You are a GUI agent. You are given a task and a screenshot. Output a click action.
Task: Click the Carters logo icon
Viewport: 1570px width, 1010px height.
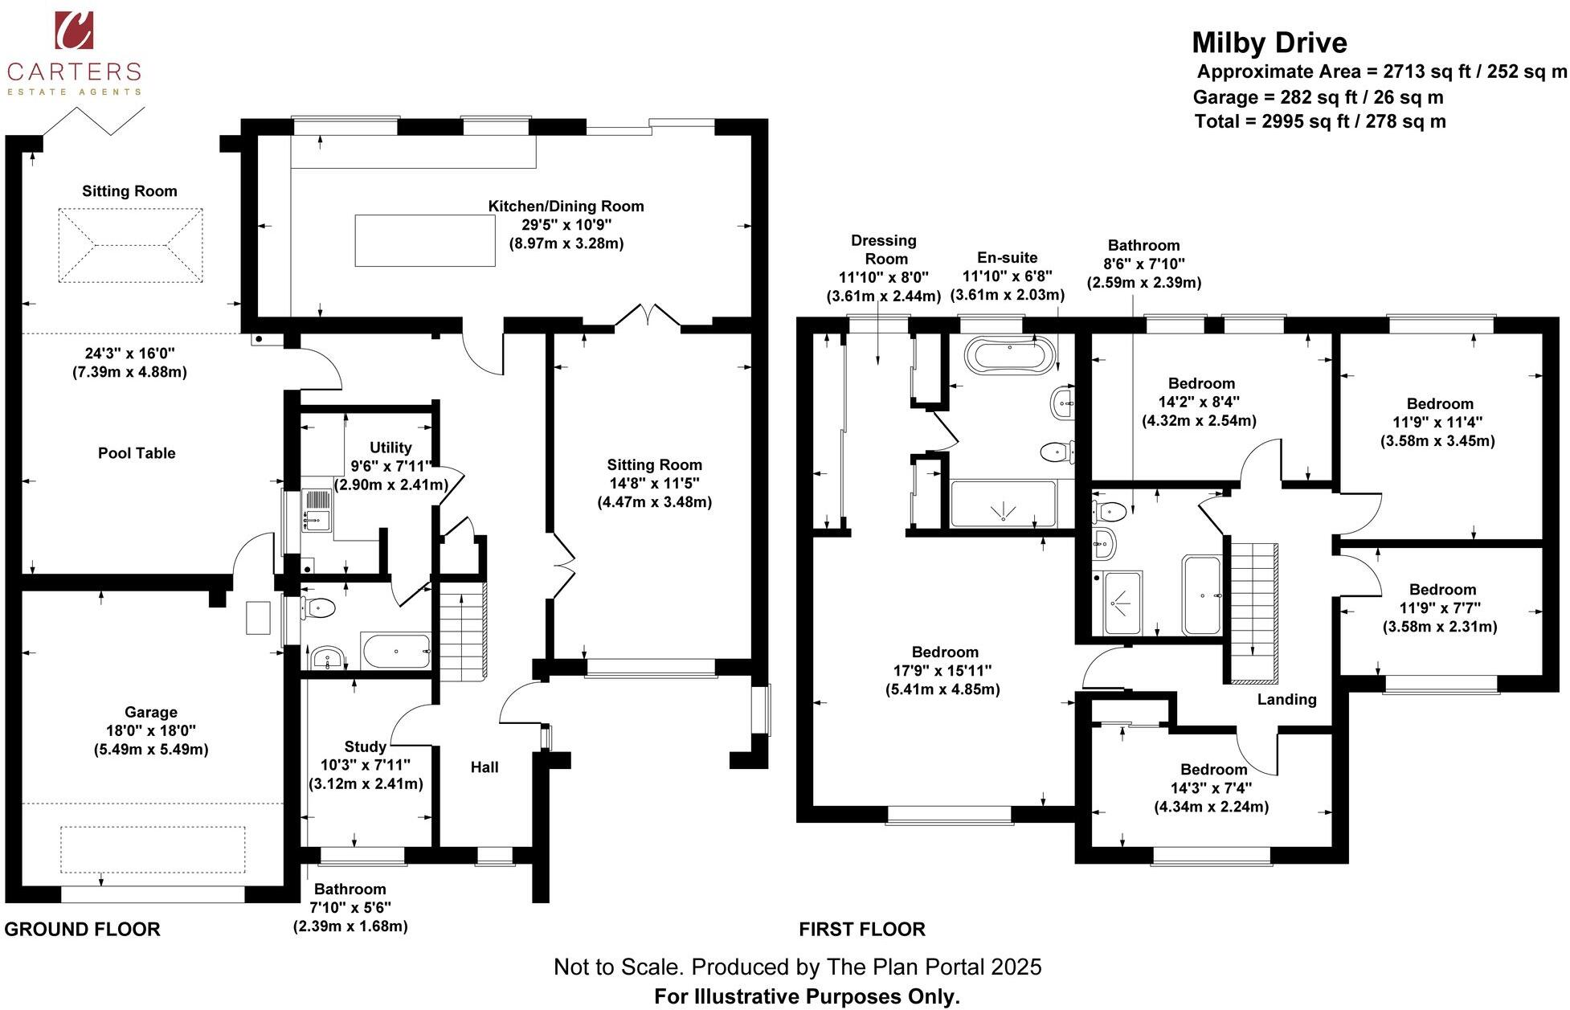[74, 30]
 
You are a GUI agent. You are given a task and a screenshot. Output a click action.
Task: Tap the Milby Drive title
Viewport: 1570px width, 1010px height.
[1269, 43]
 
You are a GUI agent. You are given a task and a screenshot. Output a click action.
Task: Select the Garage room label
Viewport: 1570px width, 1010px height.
[150, 712]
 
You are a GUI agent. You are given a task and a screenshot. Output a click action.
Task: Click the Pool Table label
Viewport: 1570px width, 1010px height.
[137, 453]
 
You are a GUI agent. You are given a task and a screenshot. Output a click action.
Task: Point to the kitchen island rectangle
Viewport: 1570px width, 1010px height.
[424, 240]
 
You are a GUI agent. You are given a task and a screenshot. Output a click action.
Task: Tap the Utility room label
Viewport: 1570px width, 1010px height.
[390, 448]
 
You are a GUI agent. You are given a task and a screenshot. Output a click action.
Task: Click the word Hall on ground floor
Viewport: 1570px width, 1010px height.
[484, 767]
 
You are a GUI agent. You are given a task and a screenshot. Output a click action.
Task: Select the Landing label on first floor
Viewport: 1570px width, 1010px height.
[1286, 699]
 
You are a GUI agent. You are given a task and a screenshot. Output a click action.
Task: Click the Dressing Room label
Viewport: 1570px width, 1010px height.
[884, 249]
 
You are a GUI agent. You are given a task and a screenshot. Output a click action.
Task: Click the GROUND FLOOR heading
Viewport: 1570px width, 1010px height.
[82, 930]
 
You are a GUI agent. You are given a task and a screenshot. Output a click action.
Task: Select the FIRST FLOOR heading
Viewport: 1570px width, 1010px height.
[861, 930]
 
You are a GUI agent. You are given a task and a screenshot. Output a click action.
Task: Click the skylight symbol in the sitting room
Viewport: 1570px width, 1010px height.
[129, 245]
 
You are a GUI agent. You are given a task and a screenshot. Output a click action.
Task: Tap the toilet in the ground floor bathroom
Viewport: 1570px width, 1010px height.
[317, 608]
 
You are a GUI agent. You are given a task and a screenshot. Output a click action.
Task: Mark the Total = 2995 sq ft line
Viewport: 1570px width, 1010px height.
[1319, 121]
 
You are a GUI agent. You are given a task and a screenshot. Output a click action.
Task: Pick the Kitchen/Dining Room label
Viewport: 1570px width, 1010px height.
[566, 206]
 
